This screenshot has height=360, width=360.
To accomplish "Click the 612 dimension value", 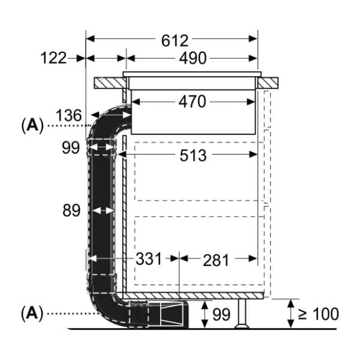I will [x=175, y=40].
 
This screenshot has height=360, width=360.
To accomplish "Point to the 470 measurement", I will [x=191, y=102].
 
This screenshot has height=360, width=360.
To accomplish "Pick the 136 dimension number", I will [x=69, y=115].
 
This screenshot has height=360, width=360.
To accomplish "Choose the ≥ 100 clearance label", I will [x=318, y=313].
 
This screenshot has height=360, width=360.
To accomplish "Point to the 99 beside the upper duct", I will [x=71, y=147].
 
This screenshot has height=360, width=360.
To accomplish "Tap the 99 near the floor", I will [x=221, y=313].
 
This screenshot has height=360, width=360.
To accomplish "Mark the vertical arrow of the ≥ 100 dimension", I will [x=291, y=313].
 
